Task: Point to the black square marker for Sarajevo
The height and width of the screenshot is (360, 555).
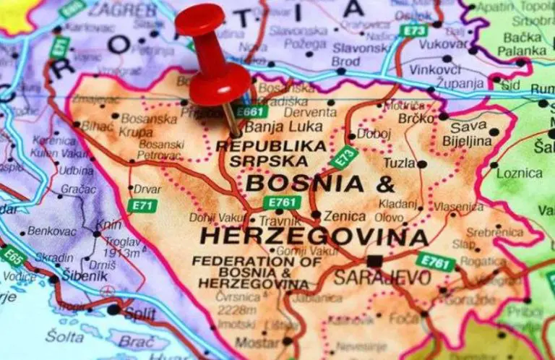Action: (x=374, y=260)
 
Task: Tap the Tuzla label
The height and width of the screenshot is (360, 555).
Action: (x=399, y=163)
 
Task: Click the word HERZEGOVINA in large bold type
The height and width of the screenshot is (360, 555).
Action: (x=314, y=236)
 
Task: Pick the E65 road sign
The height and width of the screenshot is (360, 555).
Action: (x=14, y=256)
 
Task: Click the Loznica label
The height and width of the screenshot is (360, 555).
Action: (x=520, y=173)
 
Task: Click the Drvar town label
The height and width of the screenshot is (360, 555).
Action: (x=147, y=189)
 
